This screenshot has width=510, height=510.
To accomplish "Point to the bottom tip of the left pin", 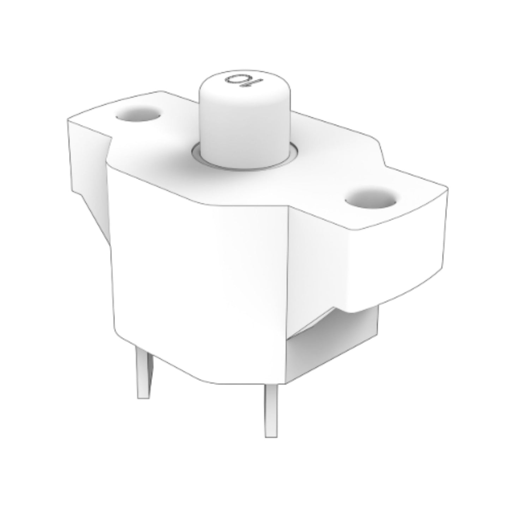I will (x=143, y=397).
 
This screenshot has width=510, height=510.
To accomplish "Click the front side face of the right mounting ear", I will (x=395, y=268).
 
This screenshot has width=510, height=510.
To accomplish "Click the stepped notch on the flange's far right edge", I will (x=383, y=155).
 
